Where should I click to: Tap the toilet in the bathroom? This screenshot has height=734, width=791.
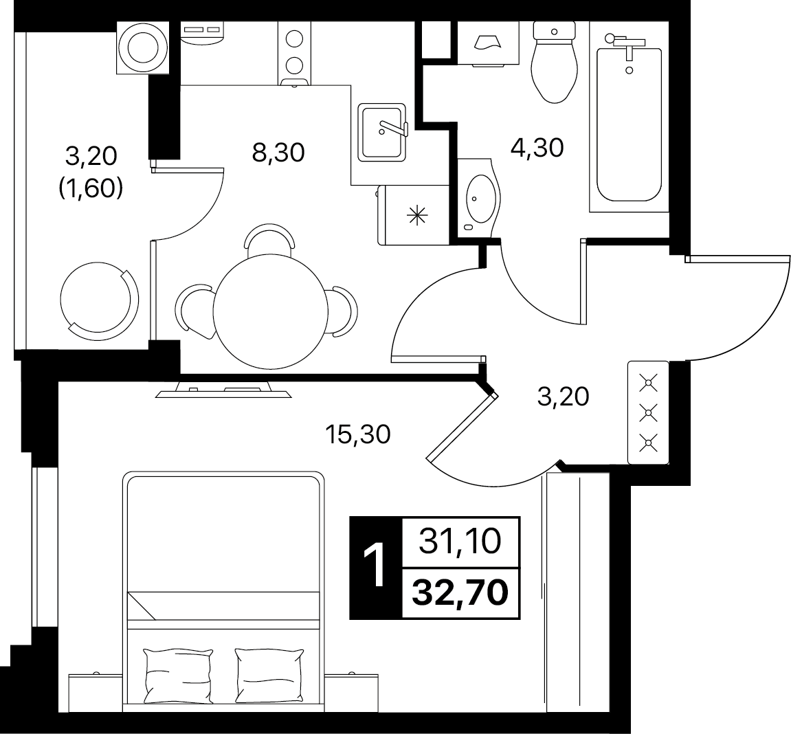click(x=555, y=63)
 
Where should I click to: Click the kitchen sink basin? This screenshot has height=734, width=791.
click(x=382, y=133)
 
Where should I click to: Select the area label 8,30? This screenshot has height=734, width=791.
click(x=278, y=152)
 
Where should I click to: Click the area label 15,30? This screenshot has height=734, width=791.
click(x=358, y=434)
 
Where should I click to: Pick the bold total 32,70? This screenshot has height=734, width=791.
click(x=460, y=592)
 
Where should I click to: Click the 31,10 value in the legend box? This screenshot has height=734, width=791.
click(x=460, y=541)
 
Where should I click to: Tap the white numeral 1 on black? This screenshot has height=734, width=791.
click(x=375, y=567)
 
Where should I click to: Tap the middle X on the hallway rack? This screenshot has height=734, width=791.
click(x=648, y=413)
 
